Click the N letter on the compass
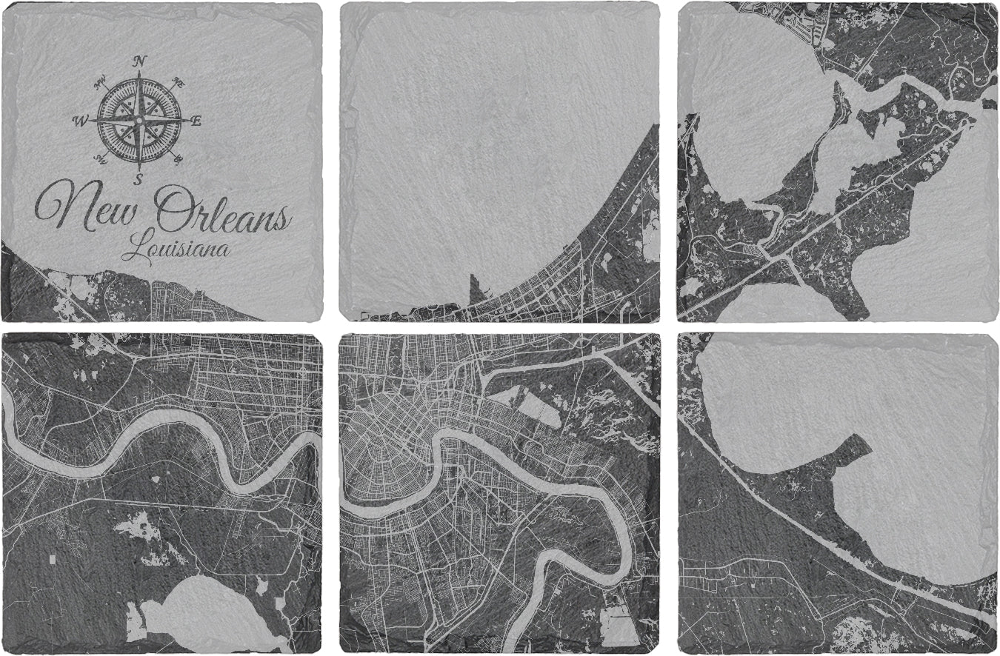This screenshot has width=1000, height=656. pos(139,61)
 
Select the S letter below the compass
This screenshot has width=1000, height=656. pos(139,178)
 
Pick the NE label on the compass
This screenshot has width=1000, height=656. pos(178,83)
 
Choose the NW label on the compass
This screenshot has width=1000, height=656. pos(100,83)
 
